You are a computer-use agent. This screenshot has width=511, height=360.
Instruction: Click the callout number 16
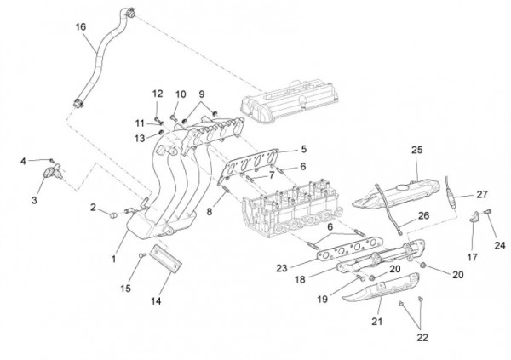point(81,27)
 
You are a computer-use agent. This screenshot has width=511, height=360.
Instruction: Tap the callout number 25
point(416,150)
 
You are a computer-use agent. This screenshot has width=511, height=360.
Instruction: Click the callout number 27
point(482,194)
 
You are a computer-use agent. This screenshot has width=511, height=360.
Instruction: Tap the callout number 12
point(158,93)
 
